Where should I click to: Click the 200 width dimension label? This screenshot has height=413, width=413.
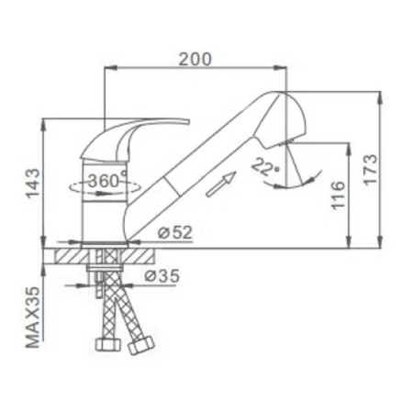click(x=195, y=59)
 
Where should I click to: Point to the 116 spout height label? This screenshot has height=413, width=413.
click(x=337, y=195)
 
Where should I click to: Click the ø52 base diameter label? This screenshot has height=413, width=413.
click(x=173, y=233)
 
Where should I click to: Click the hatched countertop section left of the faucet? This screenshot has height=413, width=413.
click(x=74, y=254)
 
